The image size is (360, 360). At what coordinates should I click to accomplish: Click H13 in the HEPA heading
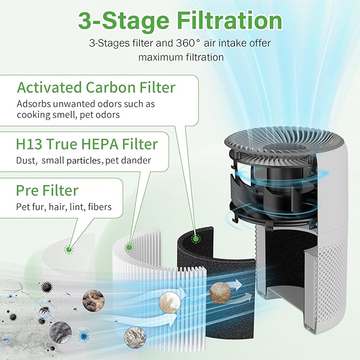[x=30, y=144]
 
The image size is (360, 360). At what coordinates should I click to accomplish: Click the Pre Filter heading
[x=48, y=190]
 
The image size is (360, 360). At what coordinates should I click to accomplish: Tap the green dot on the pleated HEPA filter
[x=128, y=247]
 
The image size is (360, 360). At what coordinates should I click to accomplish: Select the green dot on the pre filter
[x=67, y=250]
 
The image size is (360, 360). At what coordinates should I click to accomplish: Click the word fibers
[x=100, y=207]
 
